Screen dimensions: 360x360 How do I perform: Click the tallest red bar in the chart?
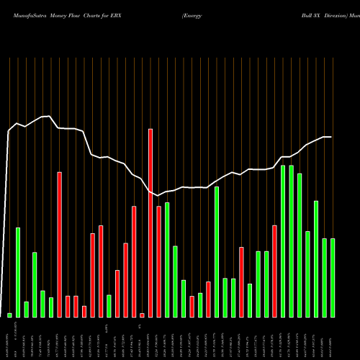coord(150,223)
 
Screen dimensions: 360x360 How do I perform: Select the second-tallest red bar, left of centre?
coord(60,245)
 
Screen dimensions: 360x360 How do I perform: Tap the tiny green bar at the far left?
coord(10,315)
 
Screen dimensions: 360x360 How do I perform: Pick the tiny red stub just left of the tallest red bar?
coord(143,315)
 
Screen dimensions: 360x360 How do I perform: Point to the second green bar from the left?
coord(18,272)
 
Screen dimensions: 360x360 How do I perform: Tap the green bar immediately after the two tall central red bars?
coord(167,260)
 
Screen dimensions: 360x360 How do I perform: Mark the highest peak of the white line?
coord(48,116)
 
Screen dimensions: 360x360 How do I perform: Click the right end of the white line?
coord(331,137)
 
